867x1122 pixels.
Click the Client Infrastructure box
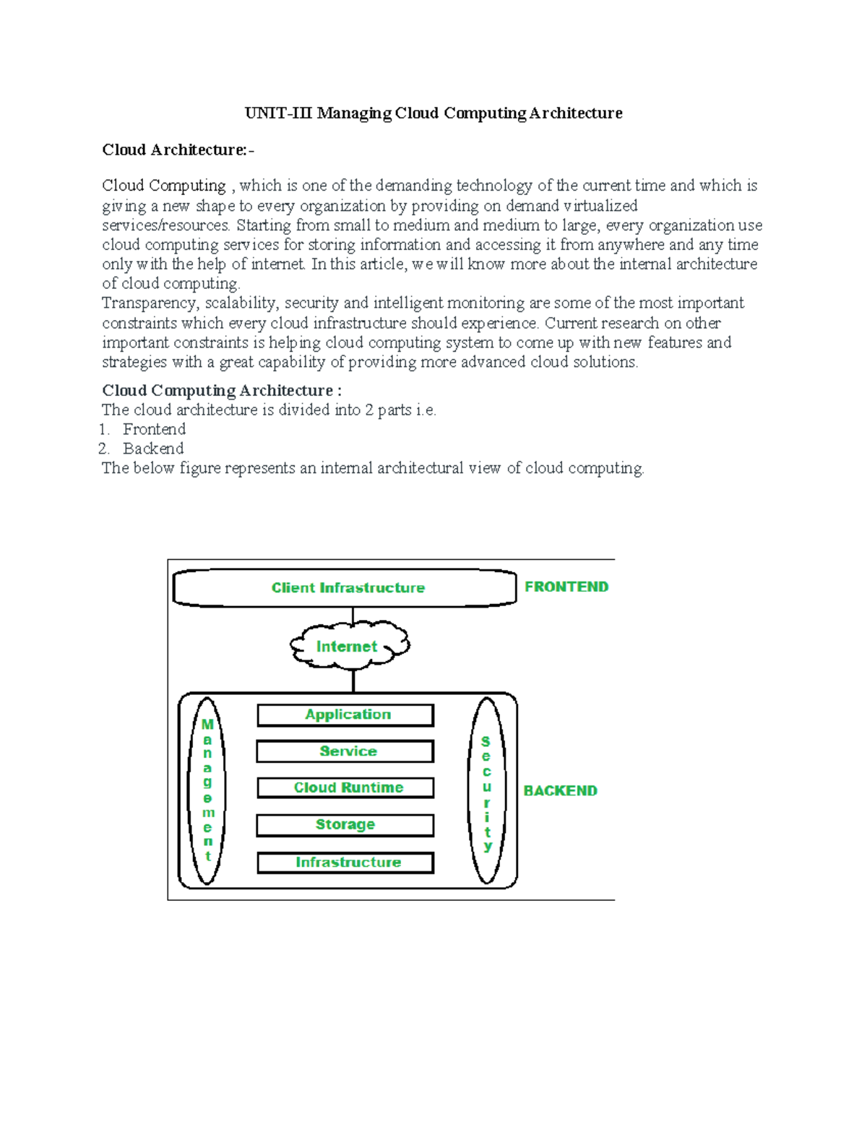click(347, 588)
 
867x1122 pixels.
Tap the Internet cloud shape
click(348, 646)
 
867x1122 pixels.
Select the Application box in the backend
click(346, 715)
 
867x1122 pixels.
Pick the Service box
click(346, 751)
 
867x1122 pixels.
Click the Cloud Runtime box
click(346, 787)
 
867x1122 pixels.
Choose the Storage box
click(346, 825)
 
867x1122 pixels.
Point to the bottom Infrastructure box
click(346, 863)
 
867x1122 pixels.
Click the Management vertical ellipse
click(207, 790)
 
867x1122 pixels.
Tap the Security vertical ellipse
click(487, 792)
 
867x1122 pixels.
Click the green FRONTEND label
click(566, 587)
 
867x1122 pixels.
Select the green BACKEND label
click(560, 790)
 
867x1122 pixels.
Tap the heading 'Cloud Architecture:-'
click(178, 150)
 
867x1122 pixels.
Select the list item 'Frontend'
click(154, 429)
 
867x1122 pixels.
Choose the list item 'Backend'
click(153, 449)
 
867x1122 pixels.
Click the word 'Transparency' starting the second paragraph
click(149, 303)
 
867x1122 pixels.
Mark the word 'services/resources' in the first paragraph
click(165, 225)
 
